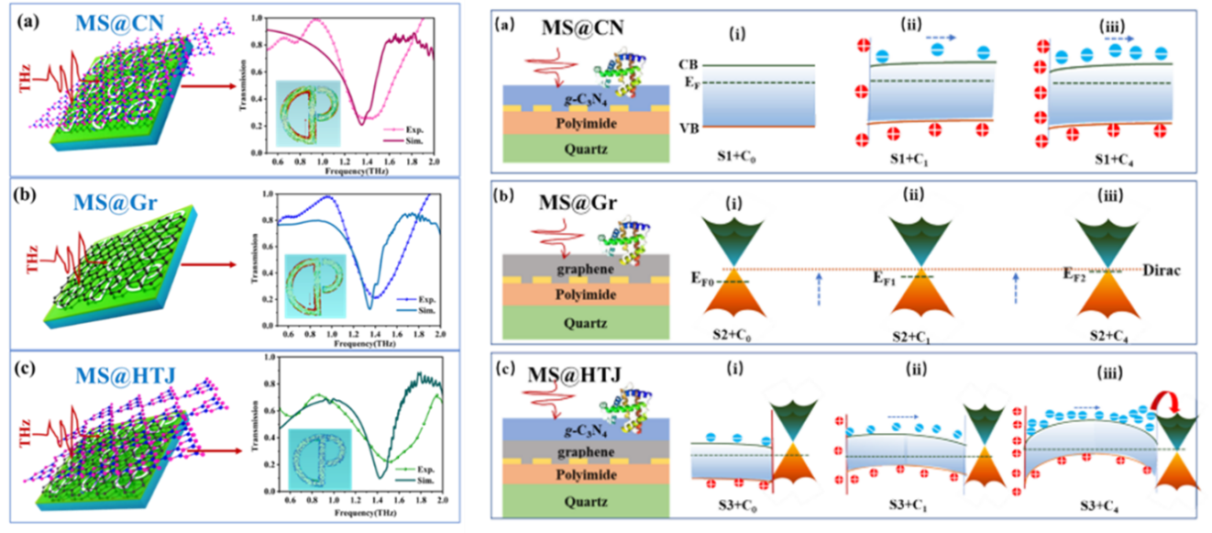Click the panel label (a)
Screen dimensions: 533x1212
pos(504,26)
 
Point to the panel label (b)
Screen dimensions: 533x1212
pos(505,194)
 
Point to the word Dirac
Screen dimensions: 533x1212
pos(1162,270)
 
